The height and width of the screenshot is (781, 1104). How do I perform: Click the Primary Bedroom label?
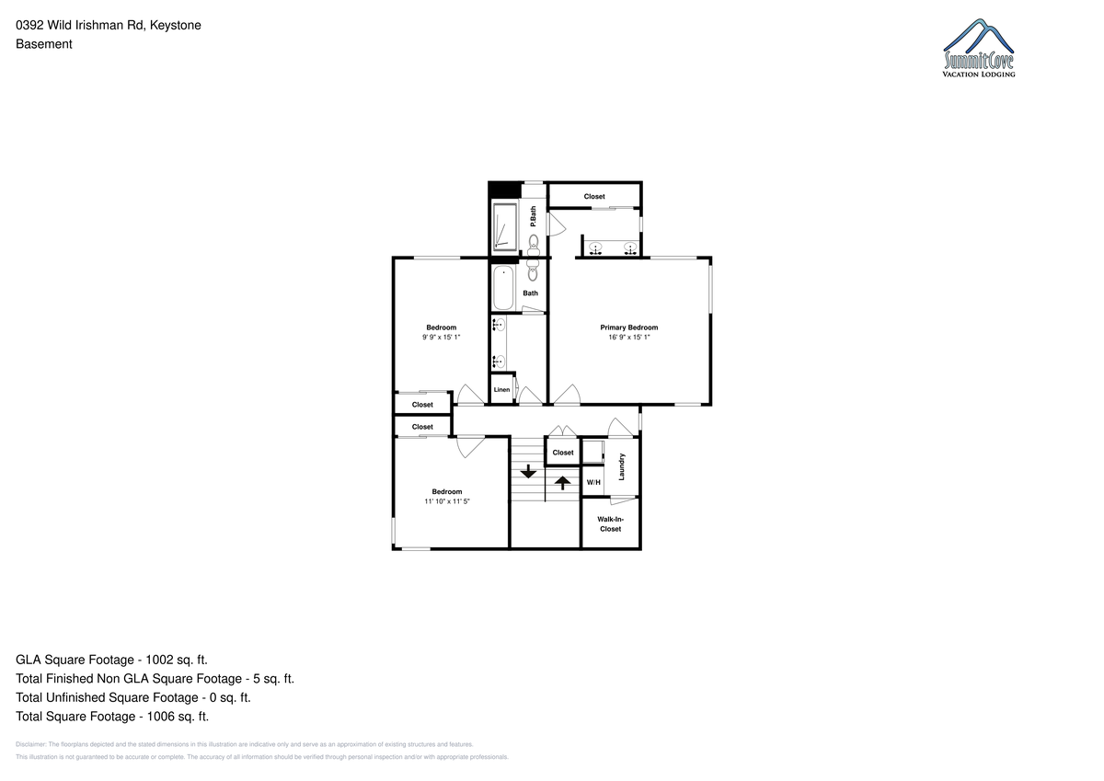click(x=629, y=327)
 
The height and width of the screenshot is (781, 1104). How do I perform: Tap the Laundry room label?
click(x=622, y=466)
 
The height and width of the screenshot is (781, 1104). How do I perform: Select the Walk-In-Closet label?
click(x=610, y=523)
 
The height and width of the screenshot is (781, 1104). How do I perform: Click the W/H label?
click(x=593, y=482)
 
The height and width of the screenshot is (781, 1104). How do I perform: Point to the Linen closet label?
click(x=501, y=389)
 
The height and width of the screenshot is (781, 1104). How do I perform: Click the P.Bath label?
click(x=533, y=216)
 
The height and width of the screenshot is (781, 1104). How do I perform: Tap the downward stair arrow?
click(x=528, y=471)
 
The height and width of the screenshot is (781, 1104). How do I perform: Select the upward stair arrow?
click(x=562, y=482)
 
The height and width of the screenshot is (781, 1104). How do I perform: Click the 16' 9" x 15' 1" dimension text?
click(x=629, y=337)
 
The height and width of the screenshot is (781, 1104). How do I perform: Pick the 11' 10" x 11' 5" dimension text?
click(x=447, y=501)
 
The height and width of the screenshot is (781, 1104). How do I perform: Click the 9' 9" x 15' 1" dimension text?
click(x=441, y=337)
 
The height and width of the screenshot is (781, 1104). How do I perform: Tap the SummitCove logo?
click(x=978, y=48)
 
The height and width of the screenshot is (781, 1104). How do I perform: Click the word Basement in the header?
click(x=44, y=44)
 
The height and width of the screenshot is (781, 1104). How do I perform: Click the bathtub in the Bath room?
click(x=503, y=287)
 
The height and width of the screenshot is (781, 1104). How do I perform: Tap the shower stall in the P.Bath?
click(x=505, y=226)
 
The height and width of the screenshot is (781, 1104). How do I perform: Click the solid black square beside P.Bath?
click(x=505, y=190)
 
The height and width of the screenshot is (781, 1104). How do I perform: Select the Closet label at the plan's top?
click(x=594, y=196)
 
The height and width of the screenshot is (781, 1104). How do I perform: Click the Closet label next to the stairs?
click(x=563, y=453)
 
